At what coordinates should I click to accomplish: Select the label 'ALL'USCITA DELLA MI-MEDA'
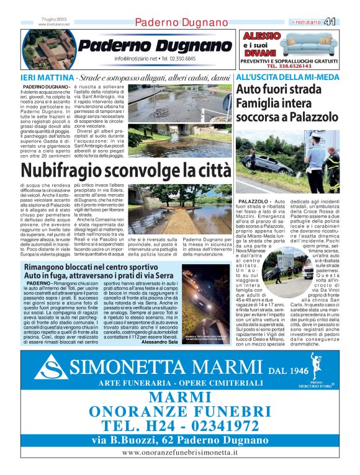pos(287,78)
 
